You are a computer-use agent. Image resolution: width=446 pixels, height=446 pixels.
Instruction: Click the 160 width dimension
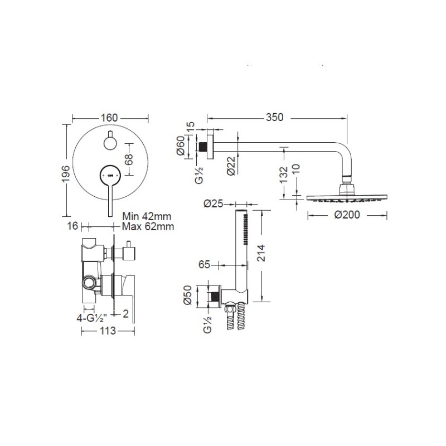tap(109, 118)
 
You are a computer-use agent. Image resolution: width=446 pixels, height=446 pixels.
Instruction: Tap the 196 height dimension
tap(65, 174)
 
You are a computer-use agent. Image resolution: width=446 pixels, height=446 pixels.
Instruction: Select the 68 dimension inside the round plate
tap(129, 159)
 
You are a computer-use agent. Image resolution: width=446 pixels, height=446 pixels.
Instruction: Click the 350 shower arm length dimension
tap(274, 117)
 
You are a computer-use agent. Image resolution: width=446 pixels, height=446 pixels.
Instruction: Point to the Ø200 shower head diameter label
tap(347, 215)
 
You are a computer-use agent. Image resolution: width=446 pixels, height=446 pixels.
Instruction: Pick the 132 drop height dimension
tap(284, 175)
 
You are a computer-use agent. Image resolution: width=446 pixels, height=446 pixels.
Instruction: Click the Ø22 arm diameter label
tap(231, 166)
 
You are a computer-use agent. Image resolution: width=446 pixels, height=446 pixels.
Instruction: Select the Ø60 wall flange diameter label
tap(181, 146)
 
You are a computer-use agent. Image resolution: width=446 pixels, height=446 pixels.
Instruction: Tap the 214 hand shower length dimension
tap(260, 253)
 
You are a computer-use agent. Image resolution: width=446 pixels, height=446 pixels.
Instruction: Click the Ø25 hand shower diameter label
tap(214, 203)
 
